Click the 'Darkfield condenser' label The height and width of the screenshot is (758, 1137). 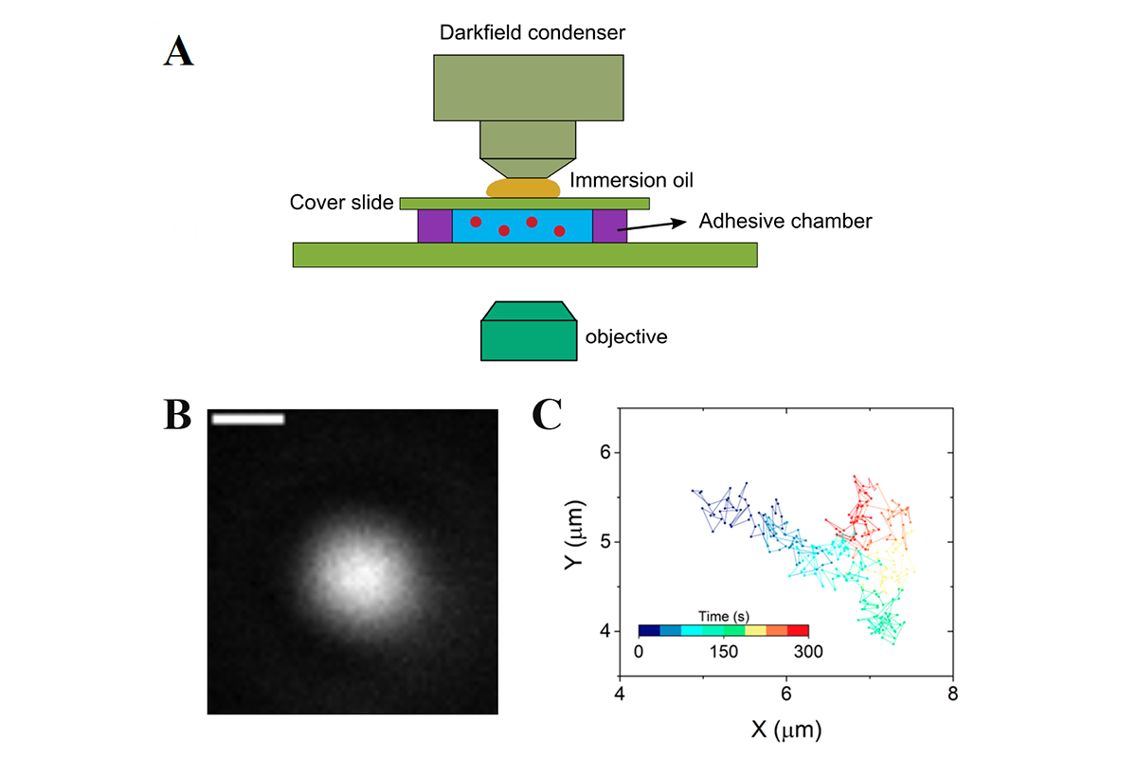coord(532,32)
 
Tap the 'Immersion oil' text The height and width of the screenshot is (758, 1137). coord(631,180)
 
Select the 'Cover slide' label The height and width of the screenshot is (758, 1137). coord(341,202)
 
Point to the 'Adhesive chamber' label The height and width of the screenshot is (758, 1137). coord(785,221)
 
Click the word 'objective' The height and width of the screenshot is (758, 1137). coord(626,337)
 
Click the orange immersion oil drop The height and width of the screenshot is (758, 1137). coord(523,188)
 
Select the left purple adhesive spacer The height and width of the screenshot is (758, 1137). coord(435,226)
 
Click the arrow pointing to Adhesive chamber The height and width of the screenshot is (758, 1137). coord(652,226)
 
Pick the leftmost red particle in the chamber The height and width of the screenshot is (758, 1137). coord(476,222)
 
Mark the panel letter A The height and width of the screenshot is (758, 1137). coord(178,51)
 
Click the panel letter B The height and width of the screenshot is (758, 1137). coord(177,414)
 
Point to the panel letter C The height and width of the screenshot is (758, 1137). coord(547,414)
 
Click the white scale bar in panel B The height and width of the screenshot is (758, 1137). coord(248,419)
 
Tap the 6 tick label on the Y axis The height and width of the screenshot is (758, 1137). coord(605,452)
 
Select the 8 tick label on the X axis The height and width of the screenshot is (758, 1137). coord(953,694)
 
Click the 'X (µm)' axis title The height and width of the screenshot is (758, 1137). coord(786,730)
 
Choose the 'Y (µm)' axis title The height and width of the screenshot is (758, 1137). coord(575,534)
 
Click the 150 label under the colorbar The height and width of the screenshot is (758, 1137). coord(723,651)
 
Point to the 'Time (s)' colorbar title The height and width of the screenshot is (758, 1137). coord(723,617)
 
